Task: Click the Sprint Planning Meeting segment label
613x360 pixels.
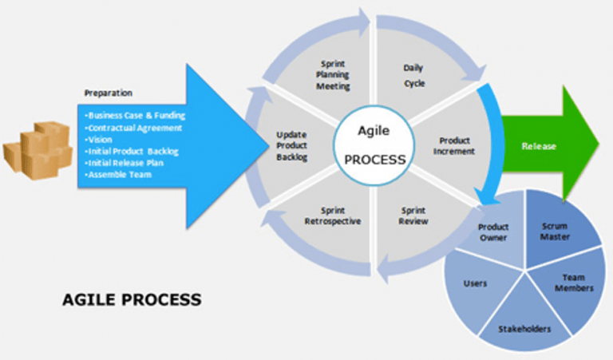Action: (331, 73)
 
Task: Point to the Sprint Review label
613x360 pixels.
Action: (413, 216)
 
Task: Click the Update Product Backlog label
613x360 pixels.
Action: (291, 146)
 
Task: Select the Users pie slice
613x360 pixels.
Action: (475, 283)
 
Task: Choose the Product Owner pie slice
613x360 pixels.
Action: (493, 232)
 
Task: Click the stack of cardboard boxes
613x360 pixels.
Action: (39, 148)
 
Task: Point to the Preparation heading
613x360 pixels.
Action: (108, 93)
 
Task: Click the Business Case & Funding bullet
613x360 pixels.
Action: (136, 115)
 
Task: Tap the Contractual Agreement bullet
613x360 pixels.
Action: (134, 127)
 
